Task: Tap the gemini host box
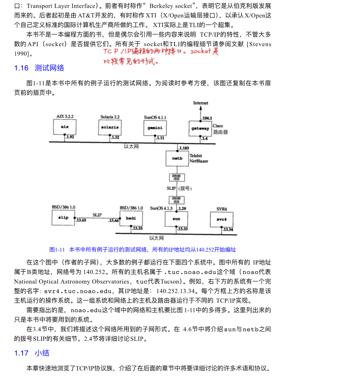(155, 128)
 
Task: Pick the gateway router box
(200, 128)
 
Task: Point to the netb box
(177, 158)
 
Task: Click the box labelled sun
(177, 219)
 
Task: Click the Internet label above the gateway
(200, 103)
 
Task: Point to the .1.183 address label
(183, 147)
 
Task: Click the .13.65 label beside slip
(81, 220)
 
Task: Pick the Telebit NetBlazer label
(199, 158)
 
